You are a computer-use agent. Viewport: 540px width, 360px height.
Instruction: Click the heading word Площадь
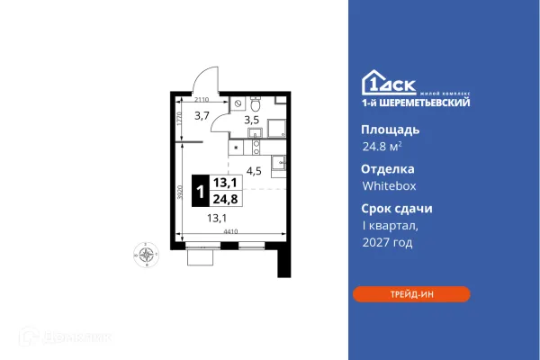390,130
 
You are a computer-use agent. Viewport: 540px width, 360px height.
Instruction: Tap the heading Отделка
388,168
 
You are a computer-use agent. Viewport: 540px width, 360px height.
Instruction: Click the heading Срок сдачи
397,208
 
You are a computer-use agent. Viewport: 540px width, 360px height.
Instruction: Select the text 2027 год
385,242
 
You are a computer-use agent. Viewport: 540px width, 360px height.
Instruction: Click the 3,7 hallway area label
203,115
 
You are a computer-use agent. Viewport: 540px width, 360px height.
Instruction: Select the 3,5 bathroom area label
253,118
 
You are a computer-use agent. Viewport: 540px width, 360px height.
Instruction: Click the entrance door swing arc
205,78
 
